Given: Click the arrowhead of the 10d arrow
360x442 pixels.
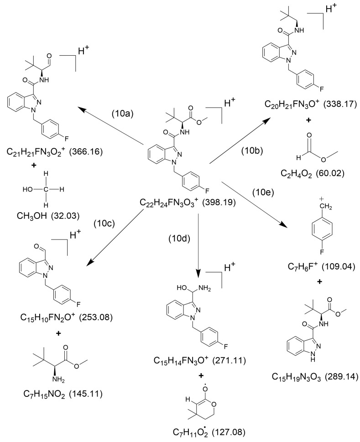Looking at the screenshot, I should click(199, 274).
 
